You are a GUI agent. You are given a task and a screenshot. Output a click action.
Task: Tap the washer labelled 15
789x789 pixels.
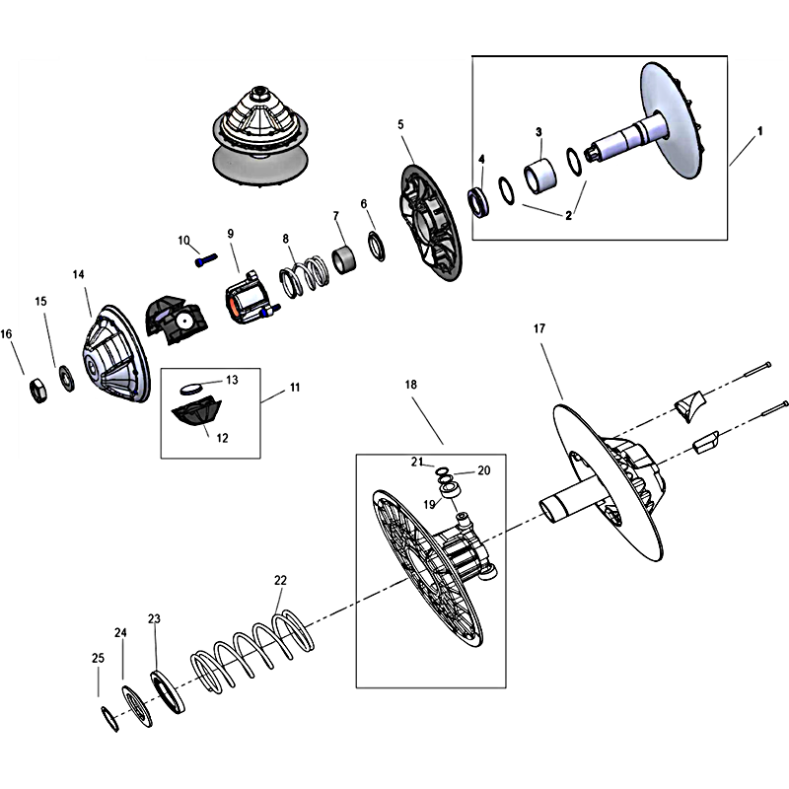pos(66,379)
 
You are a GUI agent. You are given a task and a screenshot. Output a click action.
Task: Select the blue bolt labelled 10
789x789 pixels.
pos(206,260)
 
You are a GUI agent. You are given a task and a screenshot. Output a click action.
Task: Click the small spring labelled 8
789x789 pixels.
pos(305,276)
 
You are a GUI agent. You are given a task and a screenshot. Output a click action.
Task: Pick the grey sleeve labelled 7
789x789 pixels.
pos(344,259)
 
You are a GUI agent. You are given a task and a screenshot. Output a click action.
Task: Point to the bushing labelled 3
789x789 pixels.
pos(539,177)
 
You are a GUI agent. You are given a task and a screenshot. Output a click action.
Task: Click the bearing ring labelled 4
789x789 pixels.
pos(478,202)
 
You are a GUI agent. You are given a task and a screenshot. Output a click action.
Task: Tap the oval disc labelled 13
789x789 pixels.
pos(190,389)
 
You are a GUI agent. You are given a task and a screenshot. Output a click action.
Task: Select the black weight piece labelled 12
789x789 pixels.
pos(196,410)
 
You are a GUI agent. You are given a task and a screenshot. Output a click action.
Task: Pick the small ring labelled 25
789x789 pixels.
pos(110,720)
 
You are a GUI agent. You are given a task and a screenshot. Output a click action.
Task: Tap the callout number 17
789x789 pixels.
pos(539,328)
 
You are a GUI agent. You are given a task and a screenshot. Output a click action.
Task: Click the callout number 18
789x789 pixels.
pos(410,385)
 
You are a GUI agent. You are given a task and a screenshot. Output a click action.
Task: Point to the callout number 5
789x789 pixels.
pos(400,124)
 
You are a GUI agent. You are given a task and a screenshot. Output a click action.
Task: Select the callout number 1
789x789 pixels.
pos(759,131)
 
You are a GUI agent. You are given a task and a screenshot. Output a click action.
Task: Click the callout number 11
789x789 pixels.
pos(295,387)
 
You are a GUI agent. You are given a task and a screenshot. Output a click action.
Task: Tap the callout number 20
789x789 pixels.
pos(484,470)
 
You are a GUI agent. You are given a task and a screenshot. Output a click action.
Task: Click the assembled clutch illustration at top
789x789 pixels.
pos(259,138)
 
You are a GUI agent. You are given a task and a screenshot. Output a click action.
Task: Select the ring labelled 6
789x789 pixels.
pos(377,246)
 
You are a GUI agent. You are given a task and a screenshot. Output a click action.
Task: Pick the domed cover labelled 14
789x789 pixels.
pos(116,353)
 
